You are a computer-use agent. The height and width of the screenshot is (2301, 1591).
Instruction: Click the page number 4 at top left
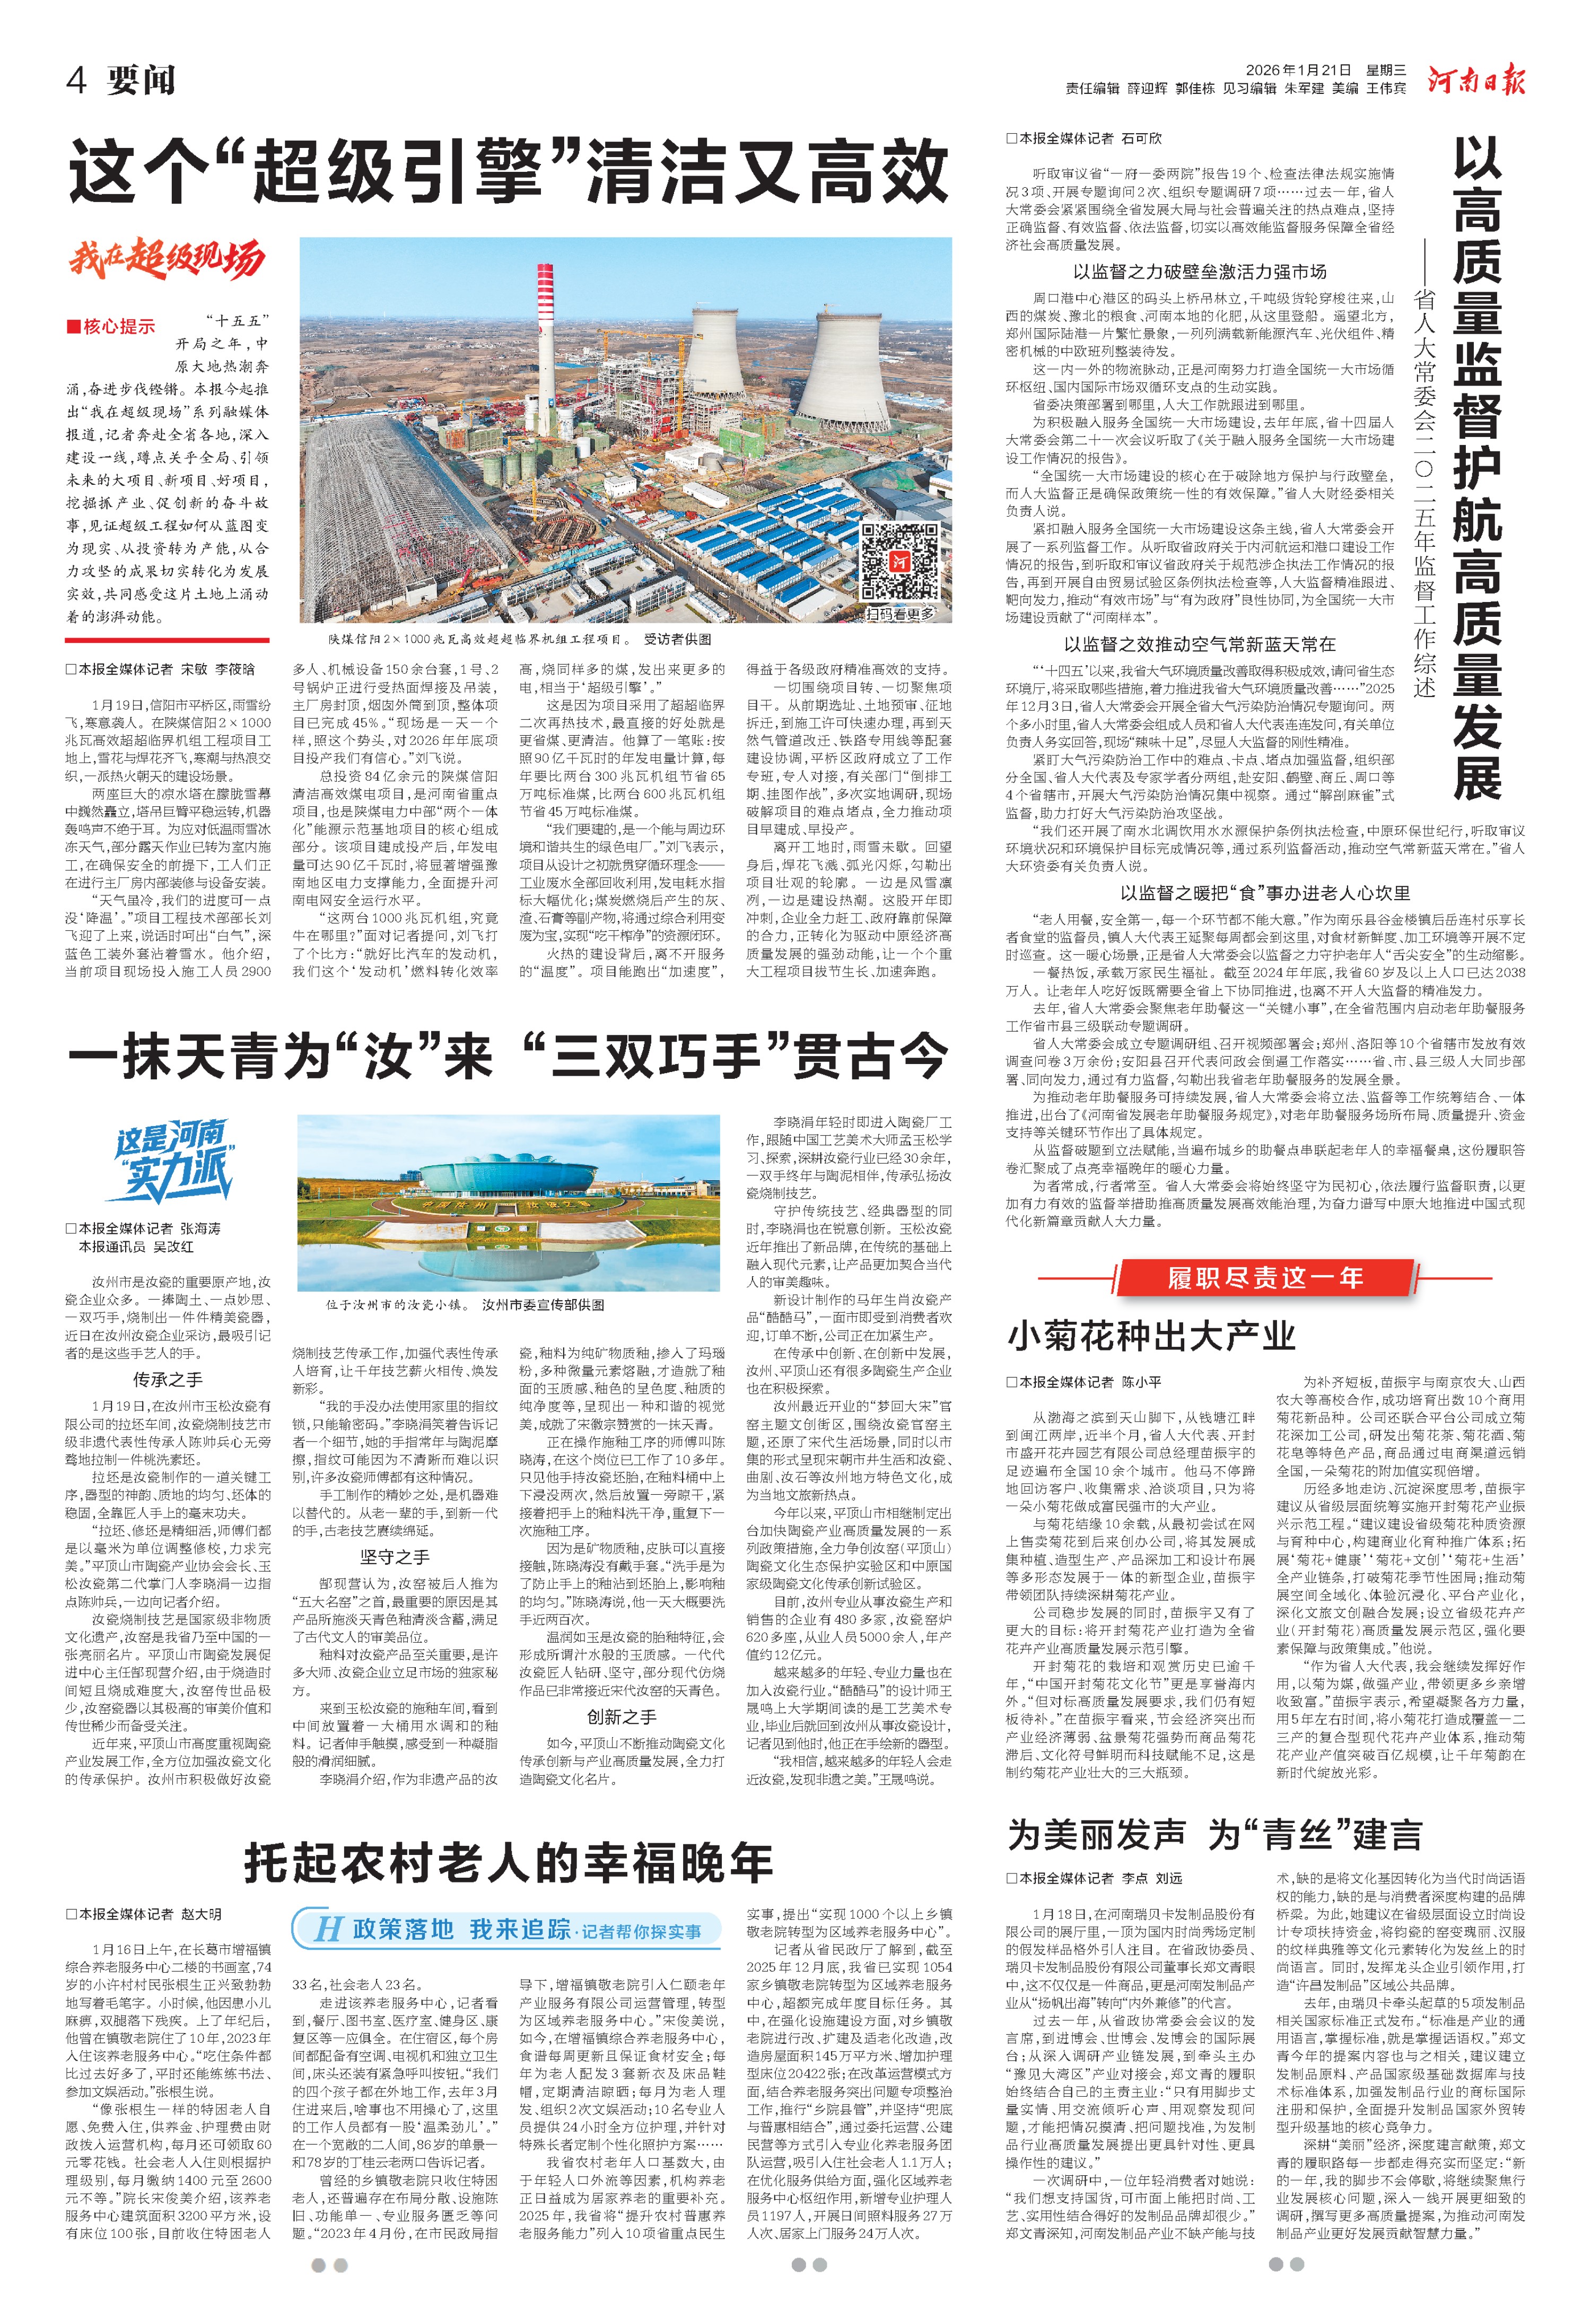click(x=77, y=80)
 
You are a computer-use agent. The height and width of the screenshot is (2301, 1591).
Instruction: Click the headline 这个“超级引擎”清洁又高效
click(x=509, y=171)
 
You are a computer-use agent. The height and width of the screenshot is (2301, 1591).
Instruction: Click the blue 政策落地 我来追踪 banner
click(x=509, y=1928)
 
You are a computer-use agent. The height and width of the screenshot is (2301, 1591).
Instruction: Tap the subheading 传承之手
click(x=168, y=1380)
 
